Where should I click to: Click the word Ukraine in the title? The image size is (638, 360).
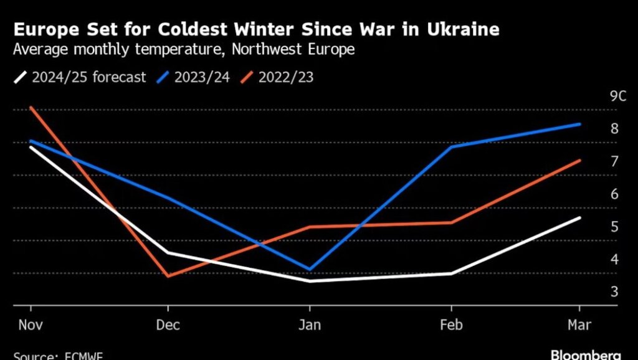tap(461, 29)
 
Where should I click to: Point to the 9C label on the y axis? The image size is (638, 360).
tap(617, 97)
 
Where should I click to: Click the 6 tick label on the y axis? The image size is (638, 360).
tap(614, 194)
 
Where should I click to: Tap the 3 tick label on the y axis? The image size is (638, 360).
tap(614, 291)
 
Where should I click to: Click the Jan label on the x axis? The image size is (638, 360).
tap(310, 325)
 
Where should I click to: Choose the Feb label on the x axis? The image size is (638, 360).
tap(450, 325)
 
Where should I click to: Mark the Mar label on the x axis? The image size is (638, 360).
tap(579, 325)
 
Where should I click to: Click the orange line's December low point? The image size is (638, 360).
tap(168, 275)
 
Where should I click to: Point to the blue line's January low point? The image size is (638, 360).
tap(310, 269)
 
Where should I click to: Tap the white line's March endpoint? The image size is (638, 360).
tap(580, 217)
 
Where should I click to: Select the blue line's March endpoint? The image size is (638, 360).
tap(580, 124)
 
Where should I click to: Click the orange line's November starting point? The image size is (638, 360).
tap(31, 107)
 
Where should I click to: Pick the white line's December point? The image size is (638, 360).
tap(168, 253)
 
